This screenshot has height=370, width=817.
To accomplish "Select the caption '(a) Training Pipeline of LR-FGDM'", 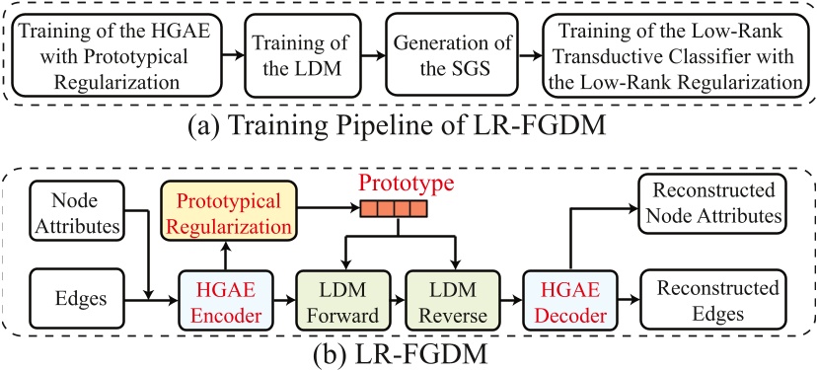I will click(408, 125).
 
